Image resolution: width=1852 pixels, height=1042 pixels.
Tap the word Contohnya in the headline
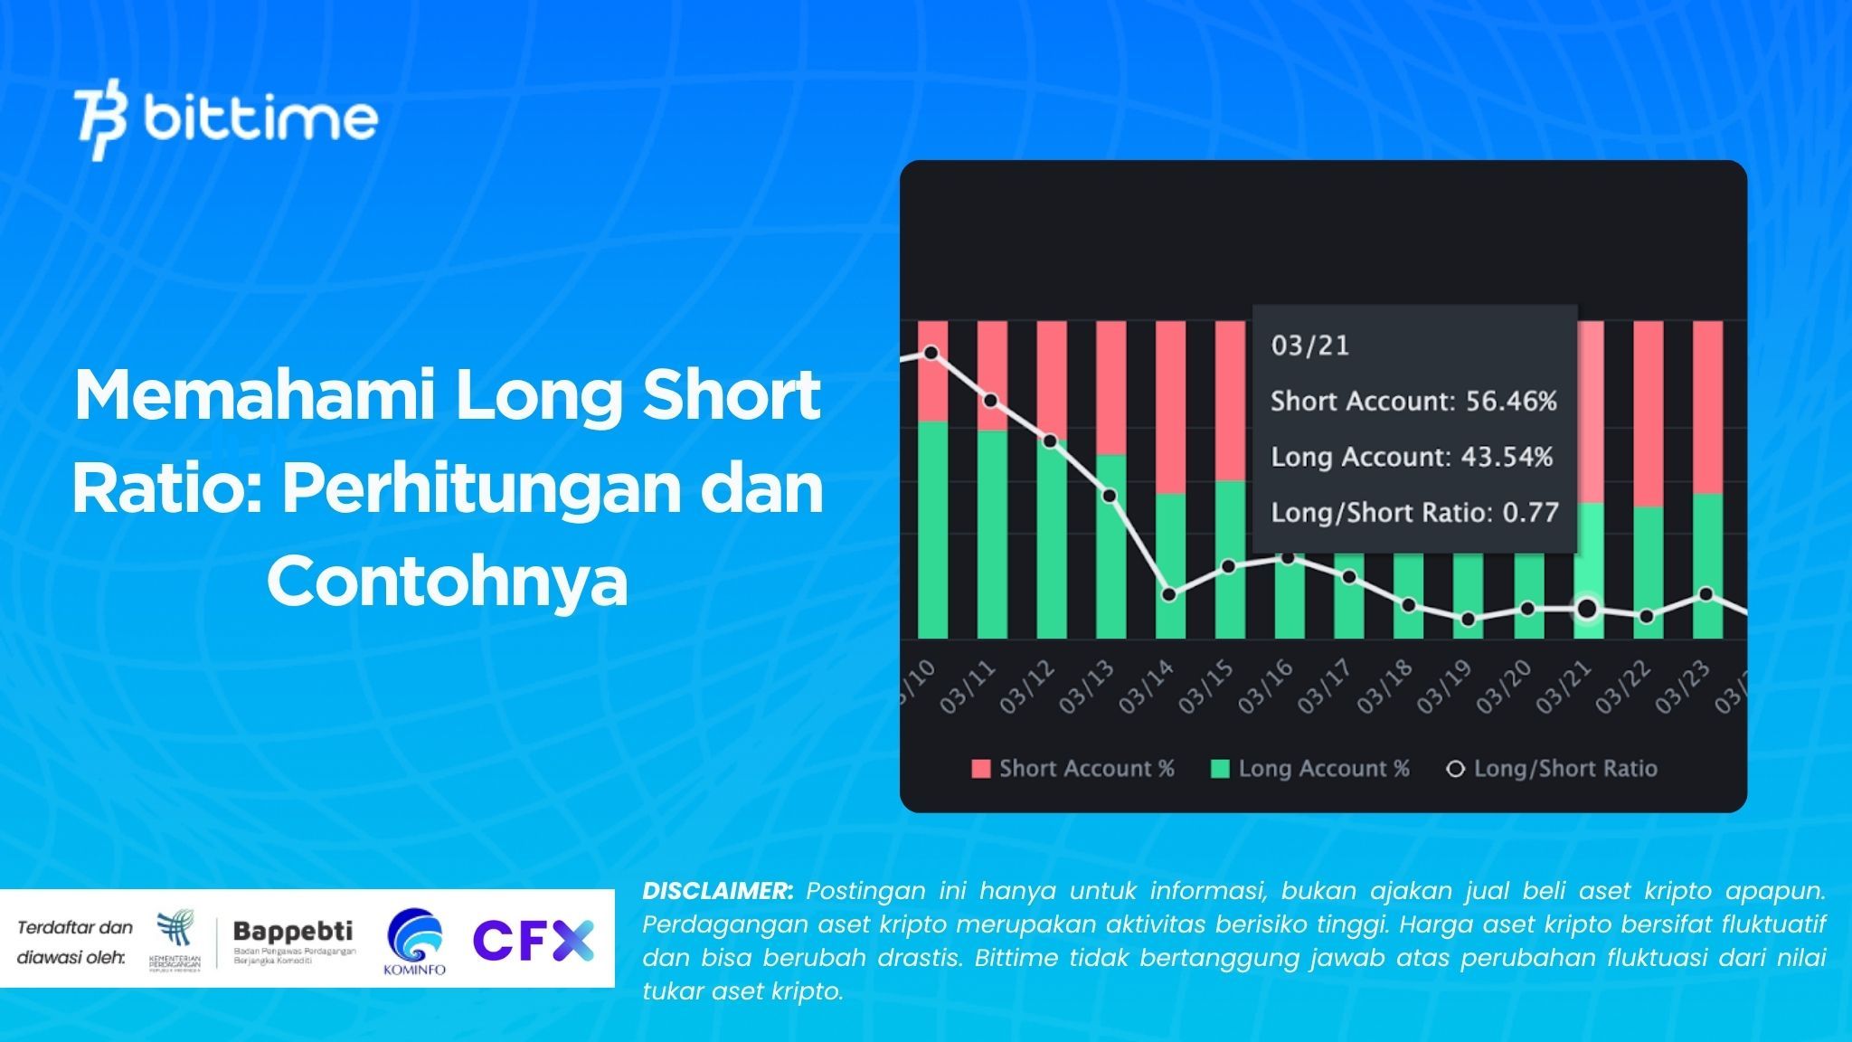coord(447,582)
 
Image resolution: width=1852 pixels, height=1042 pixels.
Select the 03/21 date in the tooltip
coord(1309,346)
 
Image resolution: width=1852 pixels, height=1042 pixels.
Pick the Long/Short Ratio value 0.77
coord(1531,513)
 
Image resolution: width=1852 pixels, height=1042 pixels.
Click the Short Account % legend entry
coord(1072,769)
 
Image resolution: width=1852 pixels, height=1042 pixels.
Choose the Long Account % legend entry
coord(1310,769)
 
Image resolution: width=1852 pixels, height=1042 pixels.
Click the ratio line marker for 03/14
coord(1169,595)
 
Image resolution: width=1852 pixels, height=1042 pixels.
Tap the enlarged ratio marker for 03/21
coord(1587,609)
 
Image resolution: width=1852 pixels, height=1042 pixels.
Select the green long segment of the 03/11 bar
coord(992,534)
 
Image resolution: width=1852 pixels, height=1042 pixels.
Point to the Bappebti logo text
coord(293,932)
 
